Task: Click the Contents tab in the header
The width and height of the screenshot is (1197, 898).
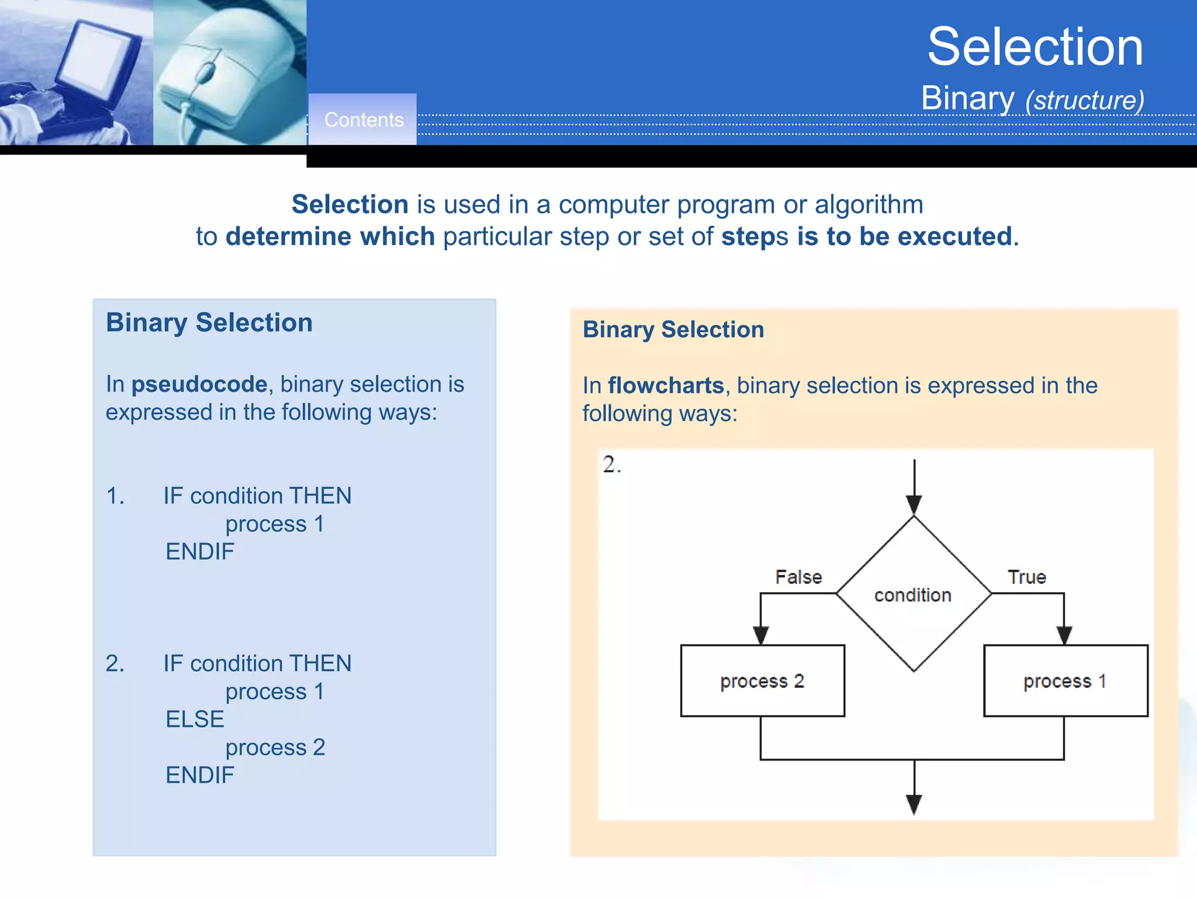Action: pos(363,120)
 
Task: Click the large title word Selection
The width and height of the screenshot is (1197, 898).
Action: pos(1035,47)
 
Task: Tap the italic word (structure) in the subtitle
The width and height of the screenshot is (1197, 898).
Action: pos(1085,100)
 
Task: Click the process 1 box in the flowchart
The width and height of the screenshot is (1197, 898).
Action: pos(1065,681)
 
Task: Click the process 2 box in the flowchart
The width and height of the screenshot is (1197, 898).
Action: pos(762,681)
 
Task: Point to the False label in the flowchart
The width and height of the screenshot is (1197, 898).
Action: pos(798,577)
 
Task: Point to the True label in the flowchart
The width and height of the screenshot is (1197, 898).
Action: pos(1026,577)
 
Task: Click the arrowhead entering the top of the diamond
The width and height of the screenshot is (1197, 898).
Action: pos(914,505)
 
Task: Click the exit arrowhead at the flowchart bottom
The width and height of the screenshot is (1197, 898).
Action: pos(914,804)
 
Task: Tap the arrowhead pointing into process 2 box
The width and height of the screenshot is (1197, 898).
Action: pos(760,635)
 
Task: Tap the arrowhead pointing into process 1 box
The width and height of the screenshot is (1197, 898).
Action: pos(1064,635)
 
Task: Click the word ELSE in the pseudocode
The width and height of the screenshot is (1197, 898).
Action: pos(195,719)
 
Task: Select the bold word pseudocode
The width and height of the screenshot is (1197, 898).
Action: pos(199,384)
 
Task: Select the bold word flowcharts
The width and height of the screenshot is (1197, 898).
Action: pos(666,386)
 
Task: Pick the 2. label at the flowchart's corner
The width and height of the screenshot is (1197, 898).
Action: pos(611,465)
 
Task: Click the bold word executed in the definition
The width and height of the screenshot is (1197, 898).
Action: pos(954,237)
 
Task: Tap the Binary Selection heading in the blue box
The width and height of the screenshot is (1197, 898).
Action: pos(209,323)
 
